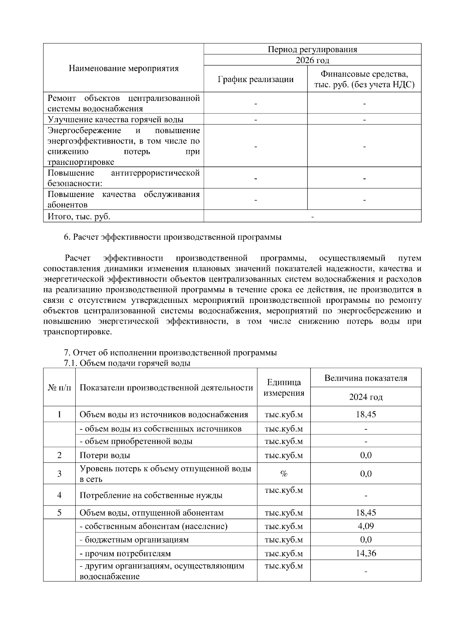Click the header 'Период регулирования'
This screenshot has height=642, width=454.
click(312, 49)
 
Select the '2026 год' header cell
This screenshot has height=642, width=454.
click(312, 60)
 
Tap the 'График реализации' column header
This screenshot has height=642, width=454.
click(255, 79)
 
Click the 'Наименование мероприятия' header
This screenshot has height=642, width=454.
click(123, 68)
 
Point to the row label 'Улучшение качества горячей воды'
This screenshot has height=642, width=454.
click(115, 119)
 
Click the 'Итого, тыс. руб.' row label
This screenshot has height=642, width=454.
click(79, 217)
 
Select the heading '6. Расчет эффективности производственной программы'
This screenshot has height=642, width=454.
click(173, 237)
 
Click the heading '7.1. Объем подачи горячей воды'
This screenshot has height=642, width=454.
click(127, 363)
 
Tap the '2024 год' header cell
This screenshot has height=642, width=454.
click(365, 397)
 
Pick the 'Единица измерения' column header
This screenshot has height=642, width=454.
click(284, 388)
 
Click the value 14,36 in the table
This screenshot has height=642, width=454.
click(365, 554)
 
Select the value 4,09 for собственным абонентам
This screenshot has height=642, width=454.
click(365, 526)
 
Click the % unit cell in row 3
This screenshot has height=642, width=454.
click(284, 474)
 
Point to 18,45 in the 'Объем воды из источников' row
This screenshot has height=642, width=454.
click(365, 414)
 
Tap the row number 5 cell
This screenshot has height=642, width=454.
click(59, 513)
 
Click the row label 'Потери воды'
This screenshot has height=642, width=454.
click(105, 456)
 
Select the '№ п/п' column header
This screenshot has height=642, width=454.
click(59, 388)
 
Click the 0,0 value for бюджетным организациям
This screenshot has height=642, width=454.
click(365, 540)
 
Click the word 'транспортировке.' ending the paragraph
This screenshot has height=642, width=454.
click(78, 332)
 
